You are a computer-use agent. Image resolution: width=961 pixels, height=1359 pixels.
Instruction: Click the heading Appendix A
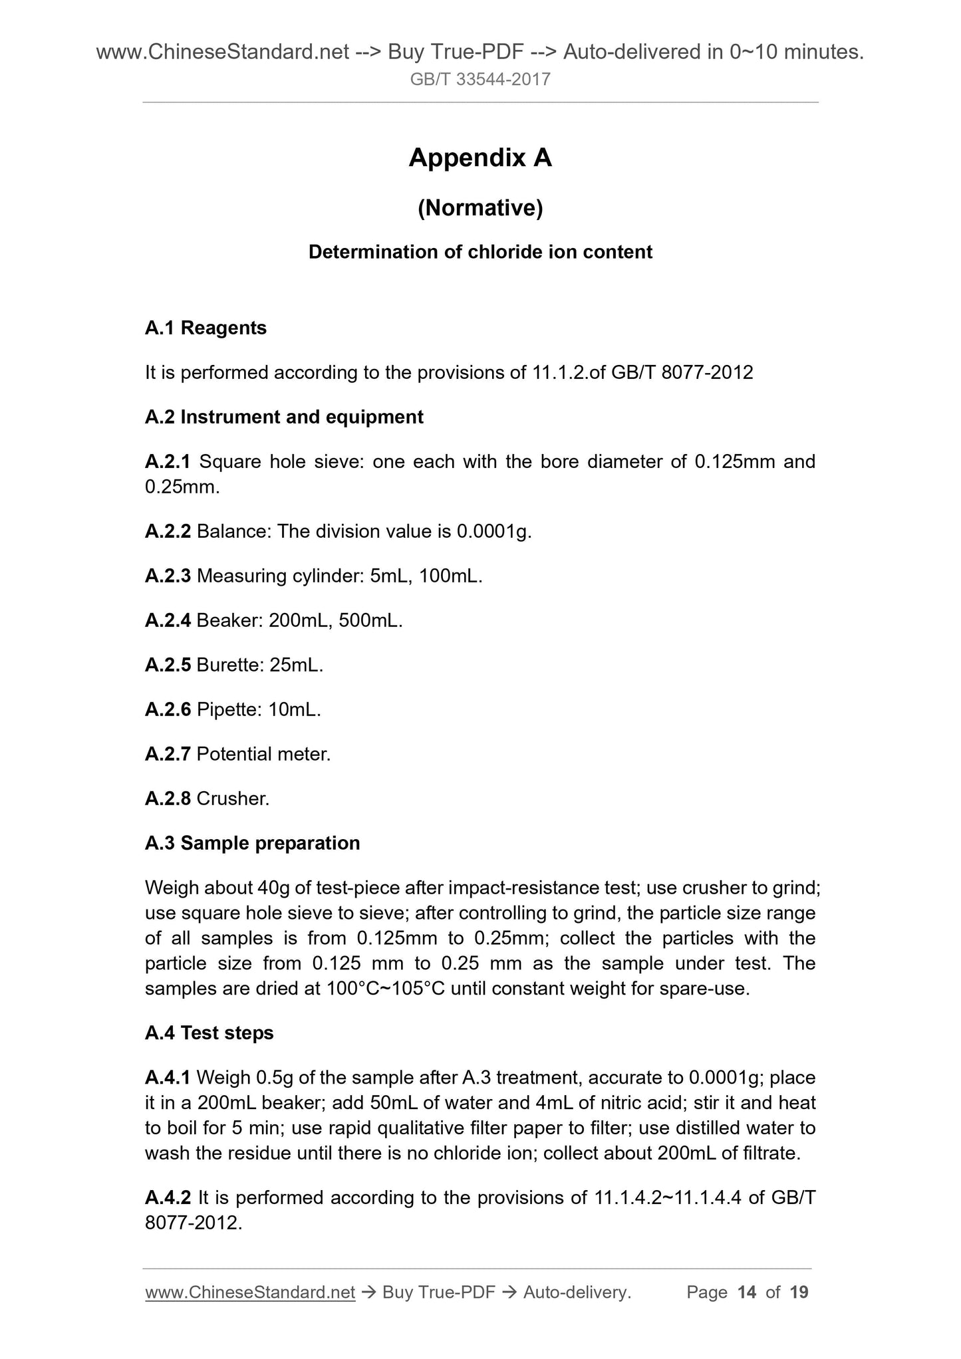click(x=480, y=158)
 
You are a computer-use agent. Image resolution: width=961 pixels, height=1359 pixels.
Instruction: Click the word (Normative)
click(x=480, y=209)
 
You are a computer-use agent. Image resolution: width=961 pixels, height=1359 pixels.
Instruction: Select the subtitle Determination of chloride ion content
click(x=480, y=253)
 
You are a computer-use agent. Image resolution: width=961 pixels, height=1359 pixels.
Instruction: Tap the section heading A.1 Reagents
click(x=206, y=328)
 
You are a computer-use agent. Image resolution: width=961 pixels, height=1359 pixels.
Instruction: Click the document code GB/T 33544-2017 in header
click(x=480, y=80)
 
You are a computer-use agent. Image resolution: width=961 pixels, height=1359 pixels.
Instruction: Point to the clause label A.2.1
click(x=168, y=461)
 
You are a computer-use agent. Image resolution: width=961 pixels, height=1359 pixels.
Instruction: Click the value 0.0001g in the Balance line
click(x=492, y=532)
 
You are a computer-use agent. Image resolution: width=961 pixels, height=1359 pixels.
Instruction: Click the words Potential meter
click(x=263, y=755)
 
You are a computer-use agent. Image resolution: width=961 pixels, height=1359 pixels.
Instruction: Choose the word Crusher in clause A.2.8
click(x=233, y=799)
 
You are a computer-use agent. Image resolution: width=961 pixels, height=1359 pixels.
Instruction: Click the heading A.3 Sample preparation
click(x=252, y=844)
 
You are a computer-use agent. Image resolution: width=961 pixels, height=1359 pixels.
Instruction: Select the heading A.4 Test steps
click(x=209, y=1033)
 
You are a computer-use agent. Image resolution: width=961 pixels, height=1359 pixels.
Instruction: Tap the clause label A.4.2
click(x=168, y=1198)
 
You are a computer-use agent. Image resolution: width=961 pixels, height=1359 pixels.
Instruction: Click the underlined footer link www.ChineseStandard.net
click(x=250, y=1293)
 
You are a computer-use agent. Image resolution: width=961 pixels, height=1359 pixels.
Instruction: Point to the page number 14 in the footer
click(x=747, y=1293)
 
